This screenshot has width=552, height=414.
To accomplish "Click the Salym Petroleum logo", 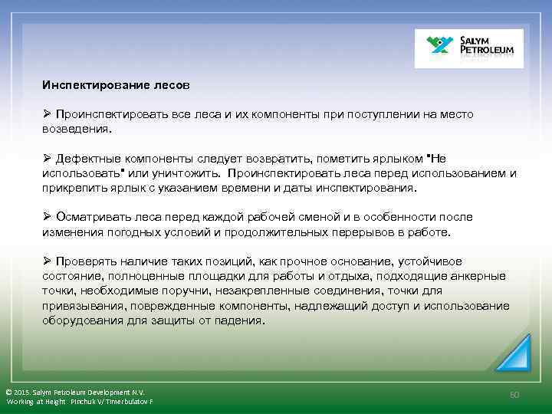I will point(468,48).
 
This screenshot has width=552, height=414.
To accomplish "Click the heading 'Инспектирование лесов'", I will point(115,82).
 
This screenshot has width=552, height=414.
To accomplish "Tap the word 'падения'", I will point(240,320).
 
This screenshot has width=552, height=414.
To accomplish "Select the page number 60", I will point(514,394).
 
